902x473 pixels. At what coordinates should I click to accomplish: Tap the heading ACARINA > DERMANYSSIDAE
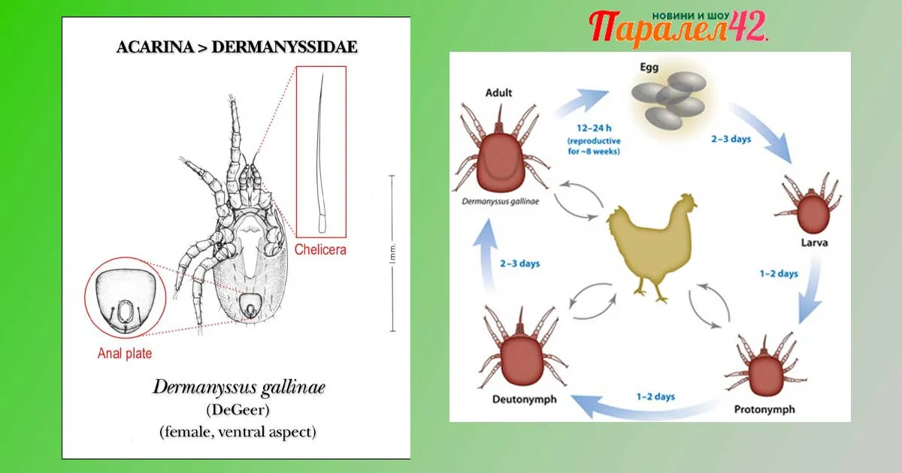click(237, 47)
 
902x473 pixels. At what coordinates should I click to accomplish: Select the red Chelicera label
click(320, 249)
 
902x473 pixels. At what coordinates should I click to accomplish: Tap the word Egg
click(649, 68)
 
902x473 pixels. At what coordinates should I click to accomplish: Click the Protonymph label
click(764, 410)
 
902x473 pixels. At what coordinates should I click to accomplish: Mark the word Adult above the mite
click(498, 93)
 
